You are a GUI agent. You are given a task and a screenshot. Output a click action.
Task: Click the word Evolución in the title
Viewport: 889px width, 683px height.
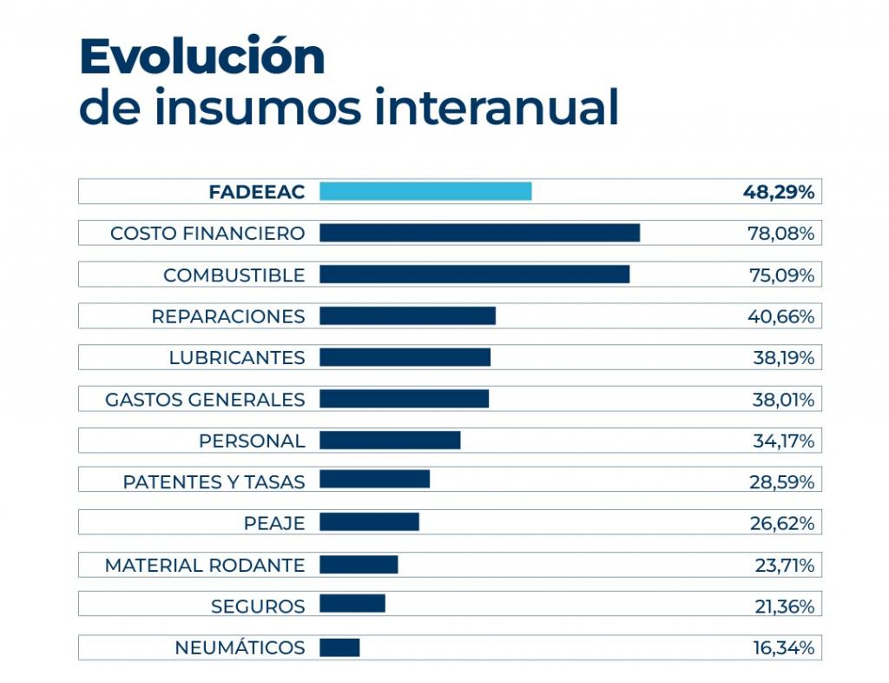[201, 57]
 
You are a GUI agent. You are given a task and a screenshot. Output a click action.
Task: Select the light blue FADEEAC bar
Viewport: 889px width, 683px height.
[425, 191]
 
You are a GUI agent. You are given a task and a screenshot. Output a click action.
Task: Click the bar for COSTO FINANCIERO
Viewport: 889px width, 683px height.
[479, 233]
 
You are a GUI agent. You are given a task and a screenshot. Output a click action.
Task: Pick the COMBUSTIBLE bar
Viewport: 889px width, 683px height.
[474, 275]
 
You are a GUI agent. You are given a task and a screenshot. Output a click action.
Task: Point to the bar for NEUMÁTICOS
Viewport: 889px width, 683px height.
[339, 647]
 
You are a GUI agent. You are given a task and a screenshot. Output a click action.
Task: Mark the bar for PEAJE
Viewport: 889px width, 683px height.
[369, 521]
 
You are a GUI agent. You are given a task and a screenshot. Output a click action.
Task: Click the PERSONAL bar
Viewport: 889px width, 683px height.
[390, 440]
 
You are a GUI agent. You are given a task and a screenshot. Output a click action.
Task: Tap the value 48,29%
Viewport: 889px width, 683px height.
[778, 192]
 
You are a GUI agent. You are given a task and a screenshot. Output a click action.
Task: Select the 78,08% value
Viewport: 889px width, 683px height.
[780, 234]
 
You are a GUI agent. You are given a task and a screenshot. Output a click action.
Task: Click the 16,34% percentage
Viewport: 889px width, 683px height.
[782, 648]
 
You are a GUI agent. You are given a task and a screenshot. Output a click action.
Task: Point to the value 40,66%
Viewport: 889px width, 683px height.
[780, 316]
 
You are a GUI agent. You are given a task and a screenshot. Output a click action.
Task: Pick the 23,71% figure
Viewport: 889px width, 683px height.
[784, 566]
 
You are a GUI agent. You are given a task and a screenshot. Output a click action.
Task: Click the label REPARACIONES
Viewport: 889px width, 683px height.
[228, 316]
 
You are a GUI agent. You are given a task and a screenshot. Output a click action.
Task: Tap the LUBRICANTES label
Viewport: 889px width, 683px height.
[237, 358]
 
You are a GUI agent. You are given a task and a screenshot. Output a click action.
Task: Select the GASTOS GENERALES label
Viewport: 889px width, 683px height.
[205, 400]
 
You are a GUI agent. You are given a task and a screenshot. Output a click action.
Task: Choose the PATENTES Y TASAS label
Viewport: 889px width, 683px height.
[214, 482]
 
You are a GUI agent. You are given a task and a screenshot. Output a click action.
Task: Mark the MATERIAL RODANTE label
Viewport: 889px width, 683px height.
[205, 566]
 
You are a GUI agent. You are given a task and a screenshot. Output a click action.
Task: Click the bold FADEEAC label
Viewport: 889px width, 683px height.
[257, 192]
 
